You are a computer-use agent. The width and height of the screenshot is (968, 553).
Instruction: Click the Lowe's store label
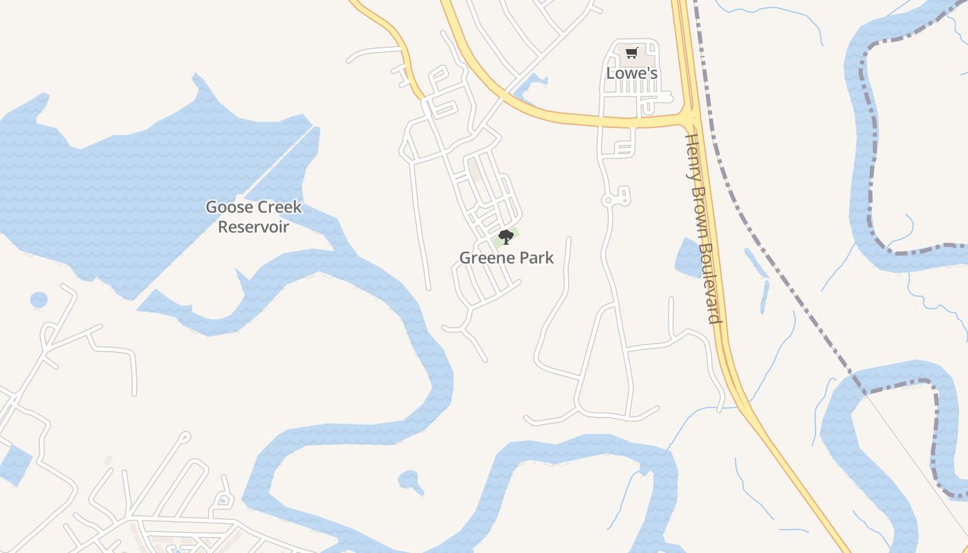pyautogui.click(x=631, y=73)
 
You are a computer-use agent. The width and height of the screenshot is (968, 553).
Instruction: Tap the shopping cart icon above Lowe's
pyautogui.click(x=631, y=53)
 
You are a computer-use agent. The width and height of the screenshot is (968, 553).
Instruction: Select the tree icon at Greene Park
pyautogui.click(x=506, y=237)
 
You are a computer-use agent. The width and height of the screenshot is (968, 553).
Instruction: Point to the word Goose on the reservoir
pyautogui.click(x=230, y=207)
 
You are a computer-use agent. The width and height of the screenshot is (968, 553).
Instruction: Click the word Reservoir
pyautogui.click(x=253, y=226)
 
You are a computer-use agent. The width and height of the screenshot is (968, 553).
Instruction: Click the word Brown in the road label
pyautogui.click(x=698, y=207)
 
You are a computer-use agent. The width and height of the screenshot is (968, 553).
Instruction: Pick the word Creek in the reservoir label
pyautogui.click(x=280, y=207)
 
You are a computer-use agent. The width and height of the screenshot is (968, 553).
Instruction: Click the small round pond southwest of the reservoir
pyautogui.click(x=39, y=300)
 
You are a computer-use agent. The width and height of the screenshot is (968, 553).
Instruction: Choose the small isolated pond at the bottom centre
pyautogui.click(x=410, y=480)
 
